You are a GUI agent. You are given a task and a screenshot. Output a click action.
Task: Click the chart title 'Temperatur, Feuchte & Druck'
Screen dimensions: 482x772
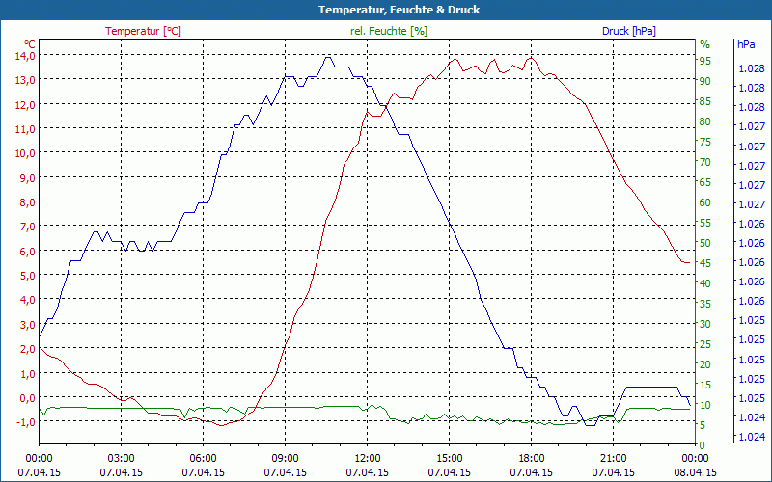click(385, 10)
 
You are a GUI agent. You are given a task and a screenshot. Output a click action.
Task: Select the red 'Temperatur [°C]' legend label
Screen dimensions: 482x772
click(143, 31)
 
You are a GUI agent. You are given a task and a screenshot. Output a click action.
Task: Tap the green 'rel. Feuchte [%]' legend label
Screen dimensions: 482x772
click(389, 31)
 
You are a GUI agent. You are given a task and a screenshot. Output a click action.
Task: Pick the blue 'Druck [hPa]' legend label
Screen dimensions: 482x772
click(628, 31)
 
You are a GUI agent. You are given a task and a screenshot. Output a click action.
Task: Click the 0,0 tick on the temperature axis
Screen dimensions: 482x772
click(24, 397)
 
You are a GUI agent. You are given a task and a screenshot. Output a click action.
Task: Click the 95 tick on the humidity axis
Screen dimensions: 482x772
click(705, 61)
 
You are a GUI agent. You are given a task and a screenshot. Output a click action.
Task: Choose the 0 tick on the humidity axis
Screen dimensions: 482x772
click(703, 444)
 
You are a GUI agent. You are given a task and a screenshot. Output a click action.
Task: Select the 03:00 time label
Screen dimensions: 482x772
click(121, 458)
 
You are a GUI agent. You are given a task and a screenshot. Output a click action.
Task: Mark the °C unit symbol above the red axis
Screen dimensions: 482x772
click(30, 44)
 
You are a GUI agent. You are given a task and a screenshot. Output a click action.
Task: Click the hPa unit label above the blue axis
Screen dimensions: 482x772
click(746, 44)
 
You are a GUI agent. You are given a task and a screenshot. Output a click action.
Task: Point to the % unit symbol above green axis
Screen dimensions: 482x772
click(704, 44)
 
